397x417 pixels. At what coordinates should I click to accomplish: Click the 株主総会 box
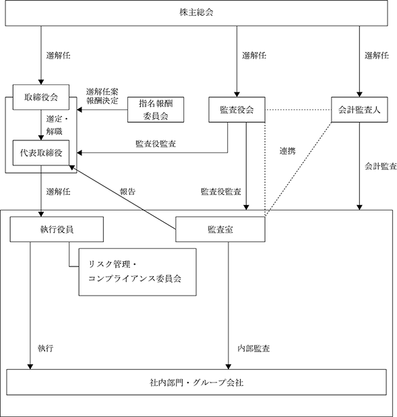(x=196, y=13)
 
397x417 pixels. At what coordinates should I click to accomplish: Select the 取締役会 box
(x=41, y=97)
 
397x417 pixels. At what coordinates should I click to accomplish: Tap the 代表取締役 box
(x=41, y=153)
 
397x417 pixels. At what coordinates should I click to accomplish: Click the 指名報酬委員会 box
(x=156, y=109)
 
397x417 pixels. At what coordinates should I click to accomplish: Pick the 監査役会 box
(x=237, y=109)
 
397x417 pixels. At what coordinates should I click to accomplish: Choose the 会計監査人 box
(x=359, y=109)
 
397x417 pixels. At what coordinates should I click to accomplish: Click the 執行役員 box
(x=57, y=229)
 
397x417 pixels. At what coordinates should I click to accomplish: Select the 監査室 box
(x=220, y=229)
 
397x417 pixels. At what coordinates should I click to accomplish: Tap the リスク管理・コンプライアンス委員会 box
(x=138, y=272)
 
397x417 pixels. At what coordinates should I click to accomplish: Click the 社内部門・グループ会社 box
(x=196, y=382)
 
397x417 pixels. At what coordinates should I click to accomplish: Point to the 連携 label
(x=288, y=151)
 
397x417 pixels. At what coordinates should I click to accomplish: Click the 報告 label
(x=127, y=192)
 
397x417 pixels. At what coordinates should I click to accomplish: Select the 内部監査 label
(x=254, y=348)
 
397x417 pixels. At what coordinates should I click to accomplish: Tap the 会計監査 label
(x=381, y=166)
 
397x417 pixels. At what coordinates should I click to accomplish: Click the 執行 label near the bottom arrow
(x=45, y=348)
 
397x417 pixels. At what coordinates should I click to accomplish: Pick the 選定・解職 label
(x=57, y=125)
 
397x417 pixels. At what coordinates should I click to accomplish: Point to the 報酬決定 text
(x=102, y=101)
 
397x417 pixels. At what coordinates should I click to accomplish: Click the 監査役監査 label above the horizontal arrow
(x=156, y=144)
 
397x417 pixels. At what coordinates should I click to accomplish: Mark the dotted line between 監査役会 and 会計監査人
(x=298, y=109)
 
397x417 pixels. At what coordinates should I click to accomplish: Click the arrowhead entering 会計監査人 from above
(x=359, y=94)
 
